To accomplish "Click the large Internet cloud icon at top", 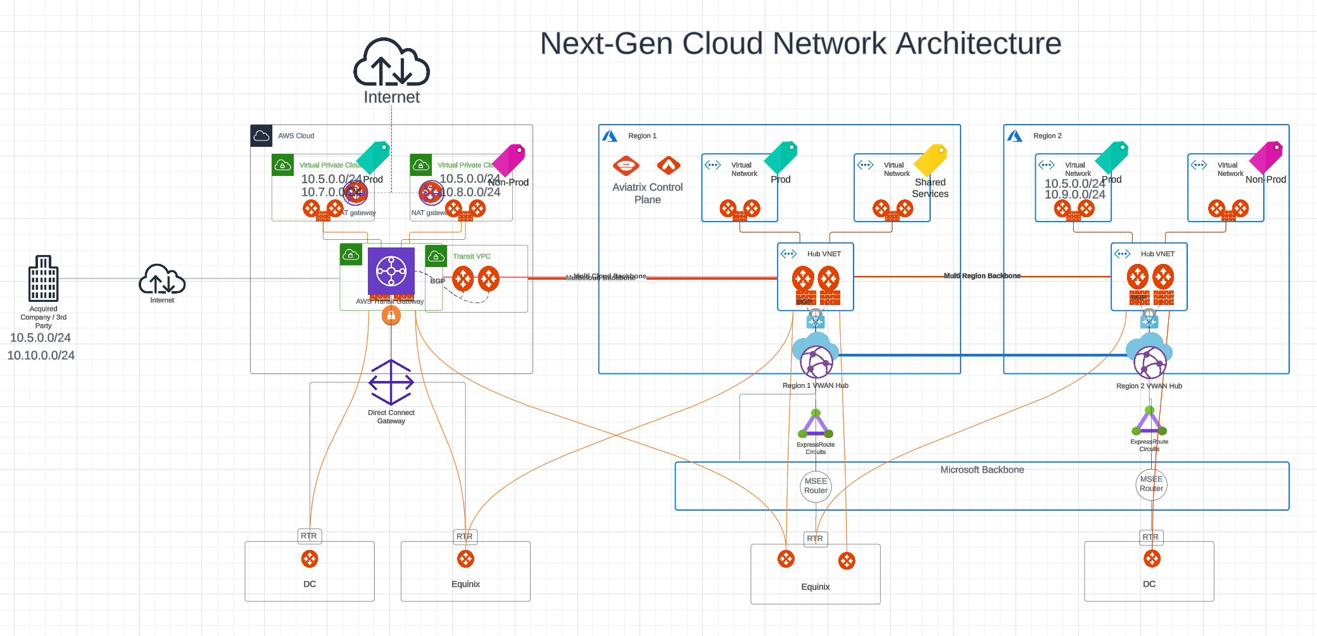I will (x=391, y=63).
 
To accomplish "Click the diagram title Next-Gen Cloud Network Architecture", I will (x=800, y=44).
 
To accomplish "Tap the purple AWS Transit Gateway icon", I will (x=391, y=271).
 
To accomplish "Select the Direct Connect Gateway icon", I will (x=391, y=382).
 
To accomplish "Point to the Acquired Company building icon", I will (x=43, y=278).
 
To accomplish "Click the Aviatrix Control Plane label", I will (x=647, y=193).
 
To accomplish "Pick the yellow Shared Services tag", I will (x=931, y=159).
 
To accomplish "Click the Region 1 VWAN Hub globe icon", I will (x=816, y=362).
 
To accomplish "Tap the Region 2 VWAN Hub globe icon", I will (x=1150, y=362).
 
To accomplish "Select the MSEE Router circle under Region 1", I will (x=816, y=486).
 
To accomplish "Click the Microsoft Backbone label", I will (x=981, y=470).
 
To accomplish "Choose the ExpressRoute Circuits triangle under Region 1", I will (x=816, y=424).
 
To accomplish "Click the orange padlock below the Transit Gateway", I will (x=391, y=315).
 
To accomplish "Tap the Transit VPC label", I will (x=472, y=256).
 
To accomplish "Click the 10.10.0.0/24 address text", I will (x=41, y=356).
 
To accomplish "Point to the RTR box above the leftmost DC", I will (x=309, y=536).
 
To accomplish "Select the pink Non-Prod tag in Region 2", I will (x=1266, y=156).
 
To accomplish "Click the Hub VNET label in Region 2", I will (x=1157, y=254).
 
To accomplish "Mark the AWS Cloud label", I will (x=296, y=135).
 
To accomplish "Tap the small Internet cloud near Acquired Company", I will (x=162, y=280).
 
